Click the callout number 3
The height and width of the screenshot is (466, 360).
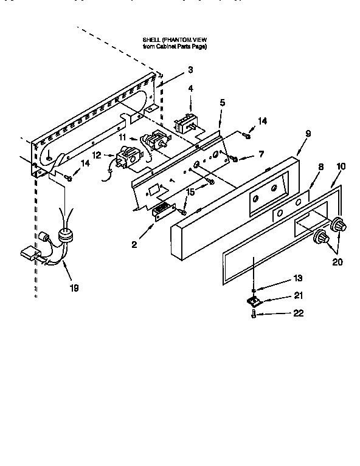tap(190, 69)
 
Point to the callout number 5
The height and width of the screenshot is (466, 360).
tap(223, 103)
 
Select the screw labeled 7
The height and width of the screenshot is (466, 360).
tap(233, 159)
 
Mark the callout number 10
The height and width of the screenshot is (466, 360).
tap(341, 165)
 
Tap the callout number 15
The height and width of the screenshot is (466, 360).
tap(190, 192)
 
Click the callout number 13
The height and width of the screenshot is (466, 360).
tap(297, 278)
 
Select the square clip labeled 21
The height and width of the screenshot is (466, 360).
tap(254, 301)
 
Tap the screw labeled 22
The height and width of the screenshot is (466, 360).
tap(254, 315)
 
